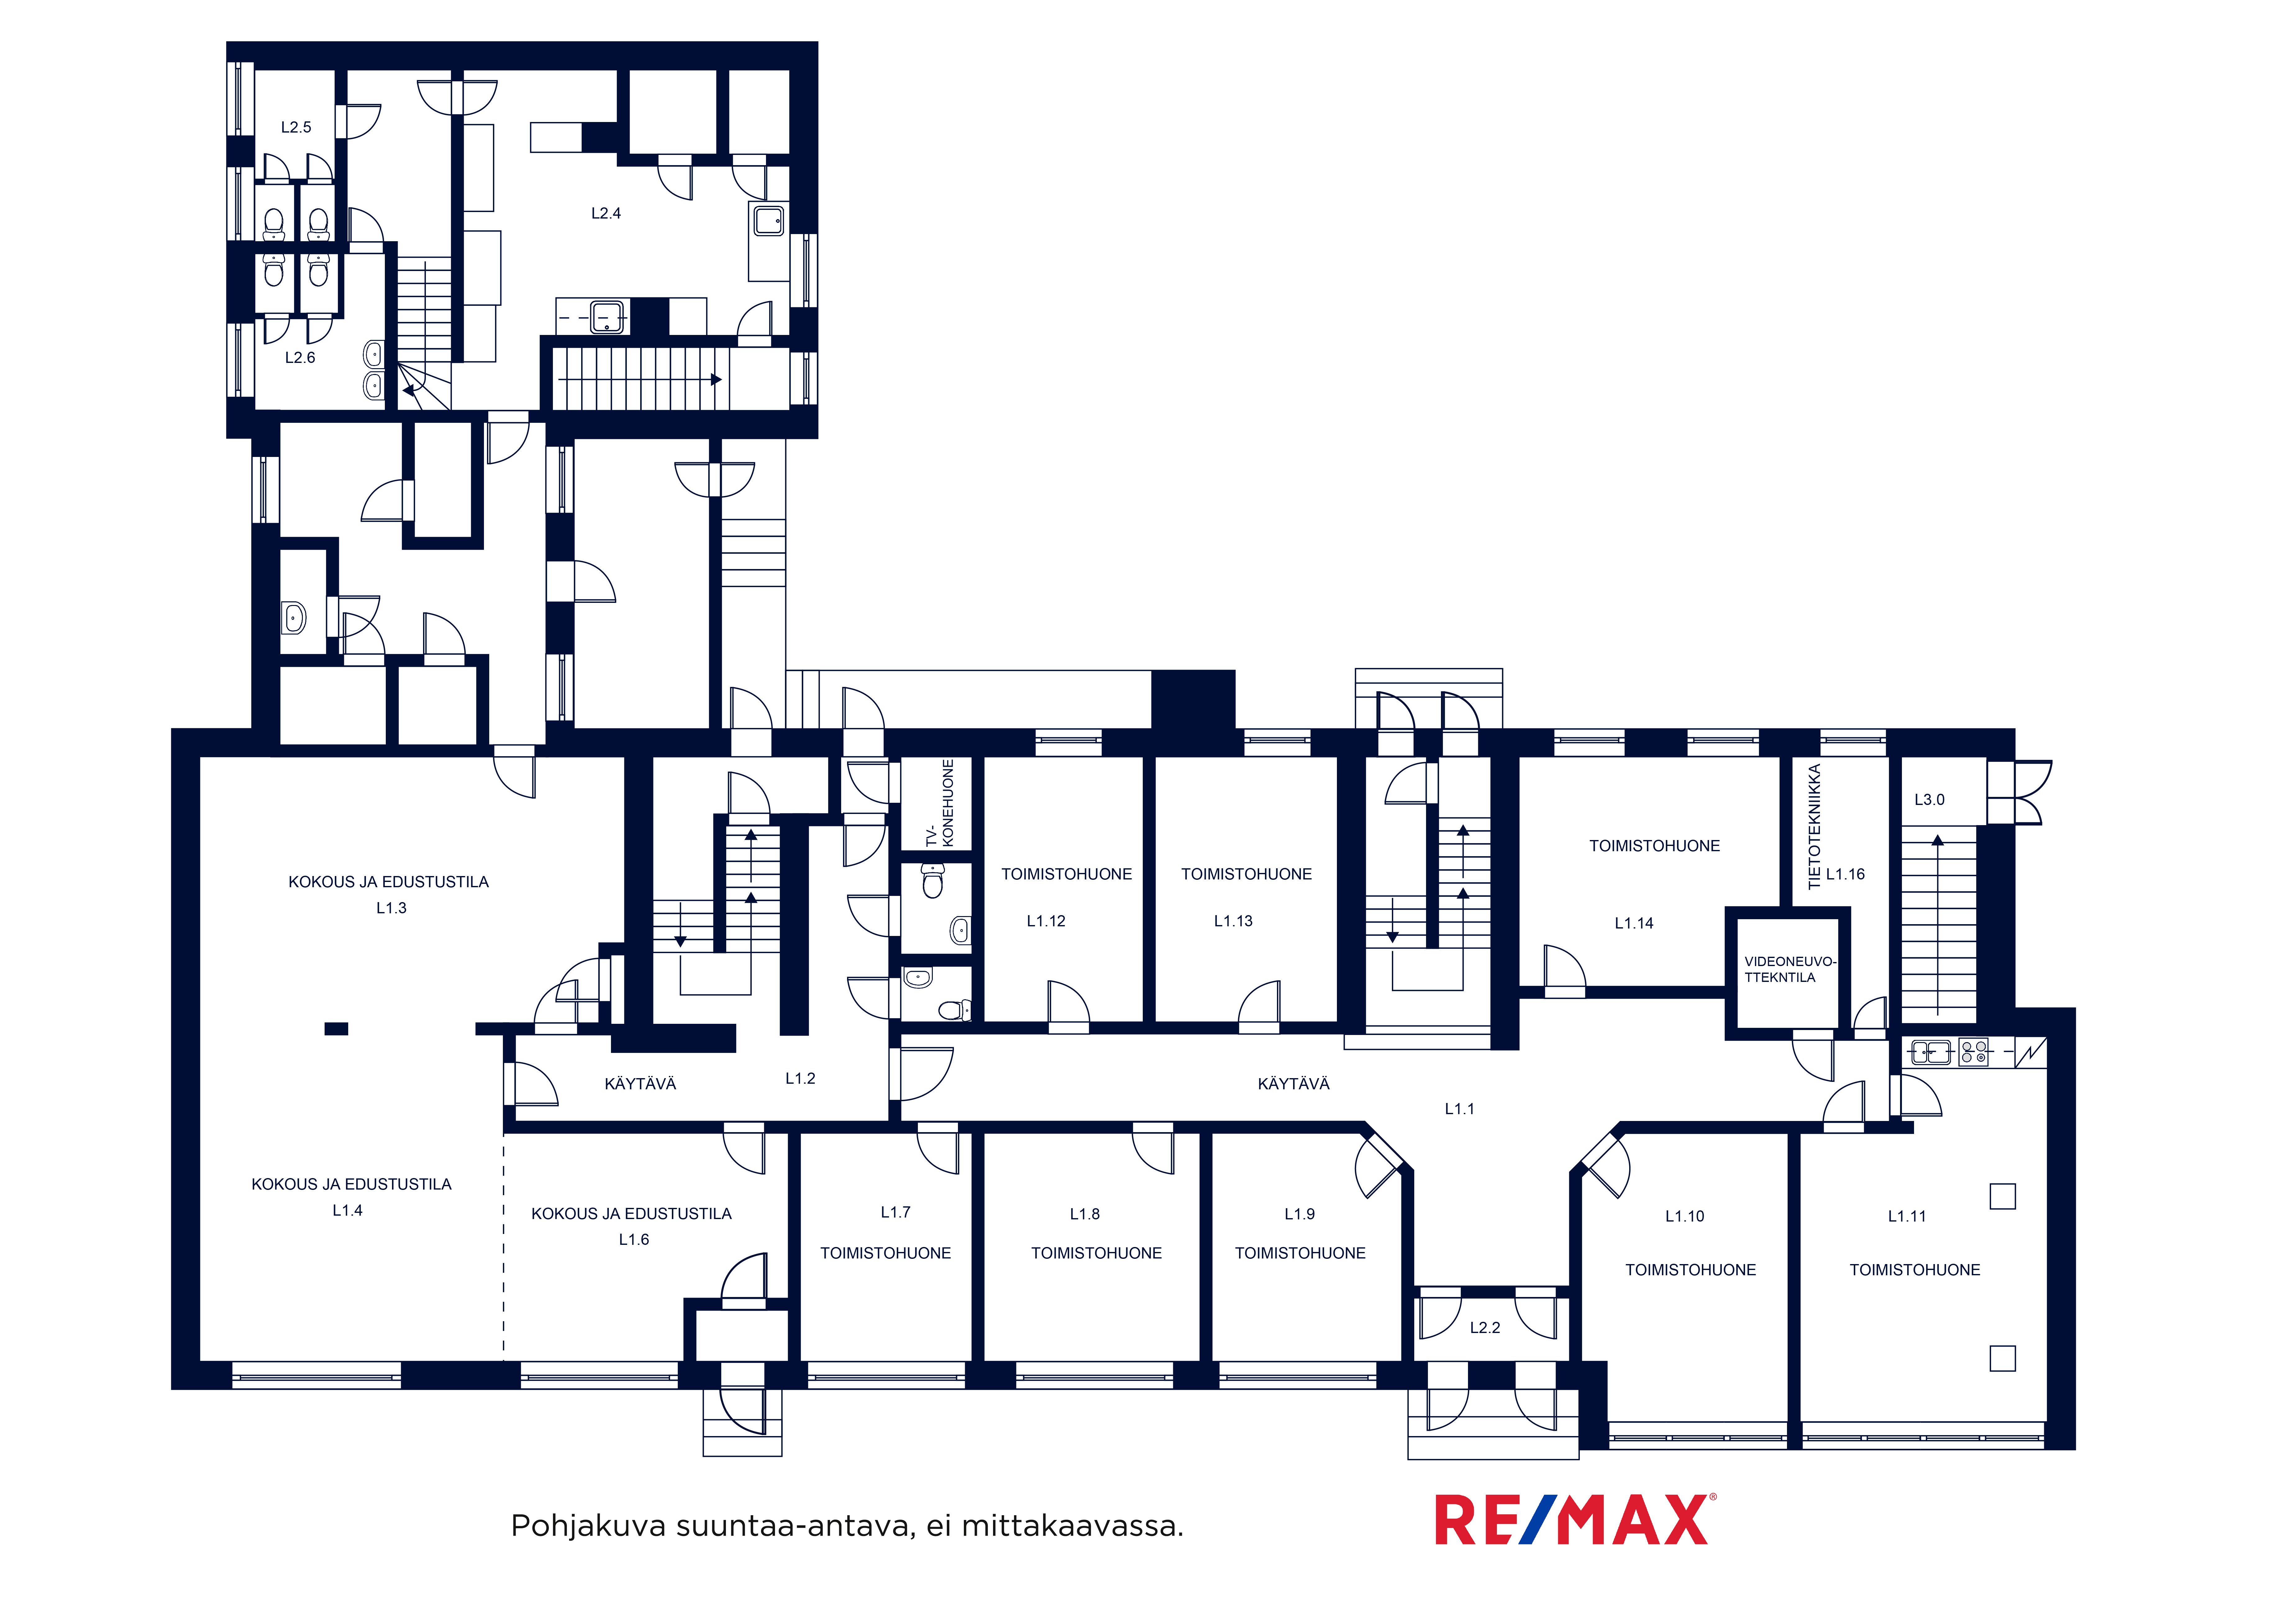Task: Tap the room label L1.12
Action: pos(1046,921)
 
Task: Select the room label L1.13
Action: pos(1233,921)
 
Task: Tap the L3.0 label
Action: pos(1929,800)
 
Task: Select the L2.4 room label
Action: pos(606,214)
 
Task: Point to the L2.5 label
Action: pos(296,128)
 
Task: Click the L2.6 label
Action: pos(299,358)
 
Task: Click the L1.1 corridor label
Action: pos(1459,1109)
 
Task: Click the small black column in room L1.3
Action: pos(336,1029)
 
